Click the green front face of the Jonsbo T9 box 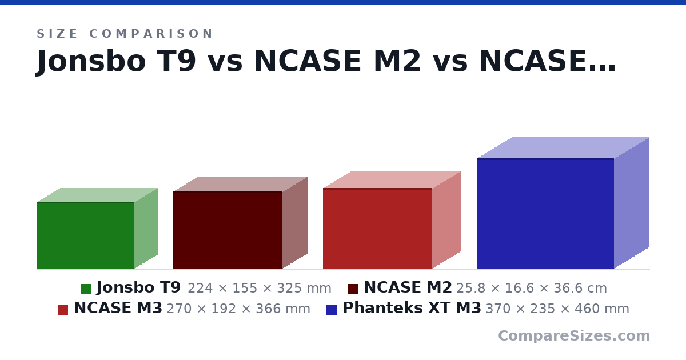pyautogui.click(x=86, y=235)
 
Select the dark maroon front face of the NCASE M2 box pyautogui.click(x=228, y=230)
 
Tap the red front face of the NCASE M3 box pyautogui.click(x=378, y=229)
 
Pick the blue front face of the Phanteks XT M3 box pyautogui.click(x=545, y=213)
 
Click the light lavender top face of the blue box pyautogui.click(x=563, y=148)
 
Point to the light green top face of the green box pyautogui.click(x=97, y=195)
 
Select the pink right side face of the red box pyautogui.click(x=446, y=219)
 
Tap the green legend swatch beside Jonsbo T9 pyautogui.click(x=86, y=289)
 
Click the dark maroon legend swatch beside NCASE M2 pyautogui.click(x=353, y=289)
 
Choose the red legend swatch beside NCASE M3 pyautogui.click(x=63, y=310)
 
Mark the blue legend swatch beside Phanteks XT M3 pyautogui.click(x=332, y=310)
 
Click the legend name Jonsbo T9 pyautogui.click(x=139, y=288)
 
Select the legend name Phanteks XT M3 pyautogui.click(x=412, y=308)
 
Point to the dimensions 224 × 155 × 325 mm pyautogui.click(x=260, y=289)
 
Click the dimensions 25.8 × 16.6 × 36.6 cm pyautogui.click(x=532, y=289)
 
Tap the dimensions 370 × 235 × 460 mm pyautogui.click(x=557, y=309)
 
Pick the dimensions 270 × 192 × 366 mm pyautogui.click(x=238, y=309)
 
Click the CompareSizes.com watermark pyautogui.click(x=574, y=336)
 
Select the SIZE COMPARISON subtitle pyautogui.click(x=125, y=34)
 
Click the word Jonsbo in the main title pyautogui.click(x=91, y=61)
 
